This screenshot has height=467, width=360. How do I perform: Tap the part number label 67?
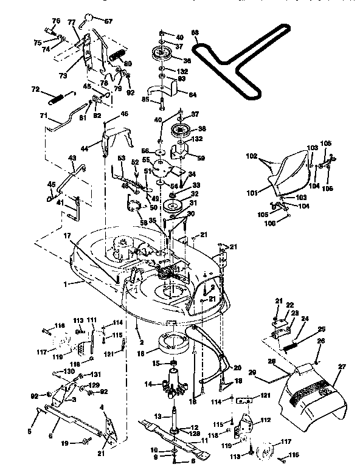[109, 21]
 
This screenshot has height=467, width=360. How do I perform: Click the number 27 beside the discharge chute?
[341, 366]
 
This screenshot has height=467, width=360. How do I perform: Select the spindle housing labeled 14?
[173, 386]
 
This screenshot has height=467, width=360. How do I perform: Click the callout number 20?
[237, 367]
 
